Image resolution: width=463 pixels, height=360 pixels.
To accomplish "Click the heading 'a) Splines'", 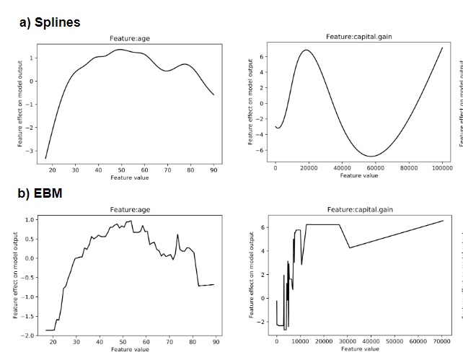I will pyautogui.click(x=50, y=22).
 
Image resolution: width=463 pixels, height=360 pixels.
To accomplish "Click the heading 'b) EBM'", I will pyautogui.click(x=40, y=193).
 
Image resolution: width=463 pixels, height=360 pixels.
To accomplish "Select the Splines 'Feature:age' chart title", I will pyautogui.click(x=129, y=39).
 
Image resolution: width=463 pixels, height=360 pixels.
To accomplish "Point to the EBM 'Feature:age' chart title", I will pyautogui.click(x=129, y=209).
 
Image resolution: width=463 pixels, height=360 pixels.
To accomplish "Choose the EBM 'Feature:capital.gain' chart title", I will pyautogui.click(x=358, y=209).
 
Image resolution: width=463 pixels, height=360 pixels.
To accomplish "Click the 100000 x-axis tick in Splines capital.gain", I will pyautogui.click(x=442, y=167).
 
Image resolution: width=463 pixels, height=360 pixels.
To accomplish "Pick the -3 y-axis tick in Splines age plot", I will pyautogui.click(x=30, y=151).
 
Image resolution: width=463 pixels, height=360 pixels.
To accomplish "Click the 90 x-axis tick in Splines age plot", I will pyautogui.click(x=213, y=170).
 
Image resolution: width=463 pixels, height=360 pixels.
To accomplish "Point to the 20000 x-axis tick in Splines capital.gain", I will pyautogui.click(x=308, y=167).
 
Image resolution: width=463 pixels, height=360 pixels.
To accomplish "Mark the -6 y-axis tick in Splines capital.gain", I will pyautogui.click(x=263, y=150).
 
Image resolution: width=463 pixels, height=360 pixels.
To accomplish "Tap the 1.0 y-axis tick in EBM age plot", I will pyautogui.click(x=28, y=219).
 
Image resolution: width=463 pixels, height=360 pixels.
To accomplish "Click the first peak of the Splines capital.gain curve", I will pyautogui.click(x=307, y=50).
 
